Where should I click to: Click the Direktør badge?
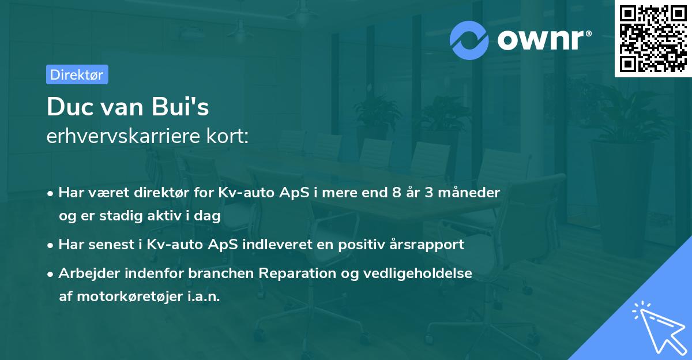click(77, 74)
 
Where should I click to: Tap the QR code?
click(653, 38)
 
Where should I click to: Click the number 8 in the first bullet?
click(395, 192)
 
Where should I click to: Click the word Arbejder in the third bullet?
click(85, 273)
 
